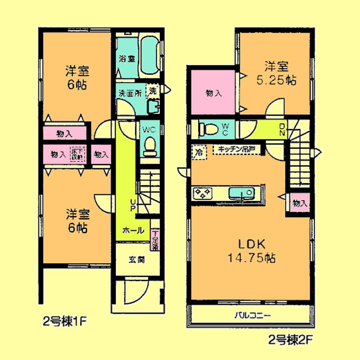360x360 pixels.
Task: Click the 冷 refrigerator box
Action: click(x=199, y=151)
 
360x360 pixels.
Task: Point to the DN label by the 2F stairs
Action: click(x=282, y=130)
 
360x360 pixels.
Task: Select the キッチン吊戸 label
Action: click(x=236, y=150)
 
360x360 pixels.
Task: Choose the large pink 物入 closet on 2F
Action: click(x=212, y=93)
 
